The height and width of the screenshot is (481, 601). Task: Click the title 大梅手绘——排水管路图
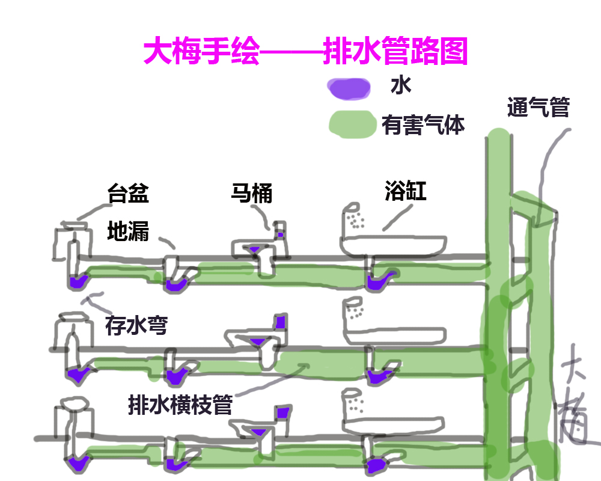pos(305,52)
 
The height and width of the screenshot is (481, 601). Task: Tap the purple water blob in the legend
pos(349,89)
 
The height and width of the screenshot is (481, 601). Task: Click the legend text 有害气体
pos(423,125)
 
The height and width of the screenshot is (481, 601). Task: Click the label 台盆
pos(128,194)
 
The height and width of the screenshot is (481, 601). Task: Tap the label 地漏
pos(128,231)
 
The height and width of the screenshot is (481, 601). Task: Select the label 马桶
pos(252,194)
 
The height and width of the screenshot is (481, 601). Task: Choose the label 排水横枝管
pos(180,404)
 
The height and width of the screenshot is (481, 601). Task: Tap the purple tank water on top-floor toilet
pos(280,234)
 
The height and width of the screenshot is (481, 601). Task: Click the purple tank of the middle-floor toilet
pos(280,322)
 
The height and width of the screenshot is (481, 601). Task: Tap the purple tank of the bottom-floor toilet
pos(283,412)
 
